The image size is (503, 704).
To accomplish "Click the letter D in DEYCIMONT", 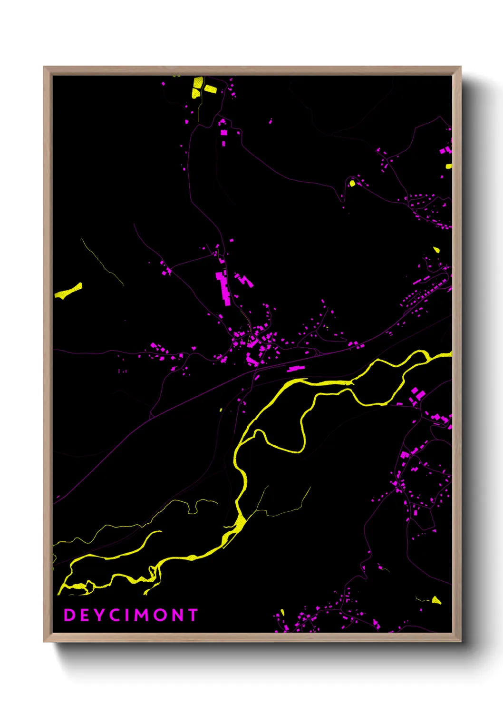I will click(x=69, y=615).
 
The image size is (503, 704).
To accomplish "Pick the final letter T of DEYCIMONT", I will click(x=193, y=615).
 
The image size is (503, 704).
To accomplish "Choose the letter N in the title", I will click(x=177, y=615).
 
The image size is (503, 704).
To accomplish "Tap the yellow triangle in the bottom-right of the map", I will click(x=436, y=600).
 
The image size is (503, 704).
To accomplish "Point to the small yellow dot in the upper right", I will click(x=352, y=183).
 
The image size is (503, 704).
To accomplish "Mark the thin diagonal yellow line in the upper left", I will click(x=101, y=261).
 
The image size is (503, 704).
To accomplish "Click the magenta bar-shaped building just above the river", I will click(x=296, y=368).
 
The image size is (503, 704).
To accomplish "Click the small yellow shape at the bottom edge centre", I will click(x=282, y=613).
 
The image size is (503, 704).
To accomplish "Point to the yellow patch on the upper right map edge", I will click(x=449, y=166).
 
